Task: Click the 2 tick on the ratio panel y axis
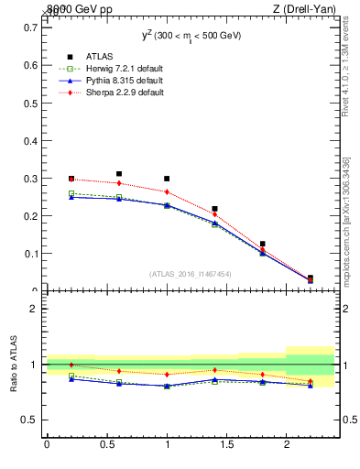tap(34, 309)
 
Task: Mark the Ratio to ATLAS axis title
tap(14, 364)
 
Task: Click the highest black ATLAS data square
tap(119, 173)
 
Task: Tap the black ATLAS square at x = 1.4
tap(214, 209)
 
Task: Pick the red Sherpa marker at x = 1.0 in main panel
tap(167, 192)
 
